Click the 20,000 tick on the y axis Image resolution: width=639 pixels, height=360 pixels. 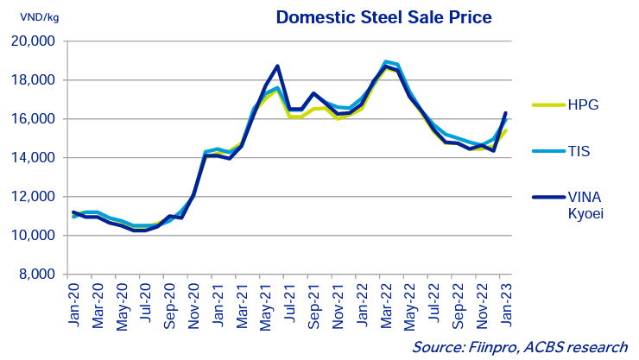click(33, 41)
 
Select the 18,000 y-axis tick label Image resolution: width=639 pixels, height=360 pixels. click(33, 80)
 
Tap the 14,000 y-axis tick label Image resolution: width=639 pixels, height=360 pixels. click(33, 158)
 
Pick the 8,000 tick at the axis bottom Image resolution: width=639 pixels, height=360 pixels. click(38, 275)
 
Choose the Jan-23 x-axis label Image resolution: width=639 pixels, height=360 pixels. click(504, 304)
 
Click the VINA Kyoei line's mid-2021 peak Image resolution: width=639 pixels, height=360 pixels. click(277, 66)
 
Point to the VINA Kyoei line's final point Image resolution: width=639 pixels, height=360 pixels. click(505, 113)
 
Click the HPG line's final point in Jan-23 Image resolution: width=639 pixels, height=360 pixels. click(505, 131)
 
